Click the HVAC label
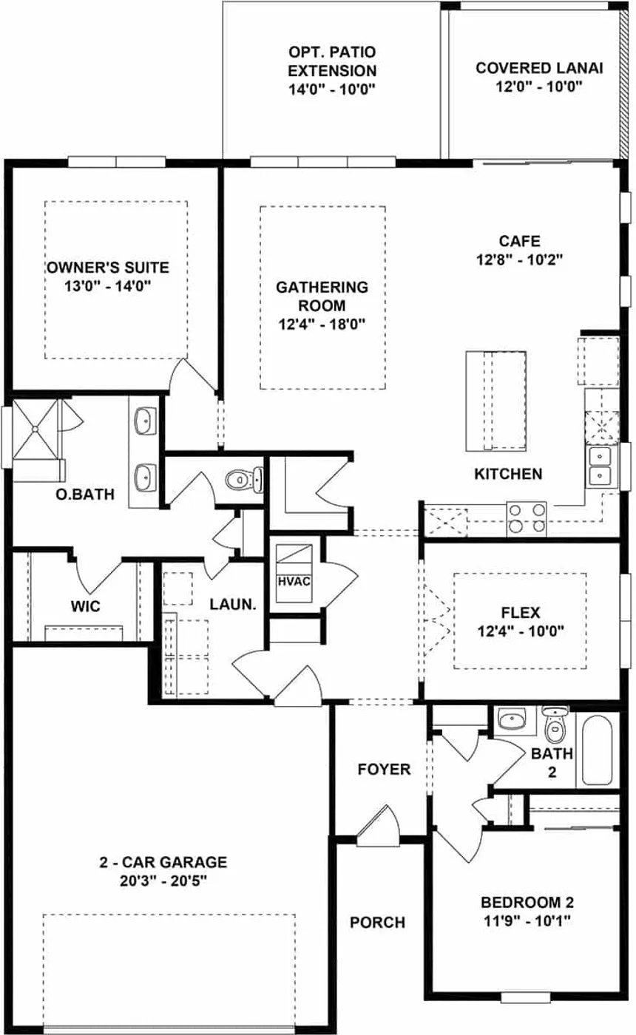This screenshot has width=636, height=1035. pos(294,581)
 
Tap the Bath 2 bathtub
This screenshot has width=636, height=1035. pos(598,750)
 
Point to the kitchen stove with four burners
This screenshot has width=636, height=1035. pos(527,518)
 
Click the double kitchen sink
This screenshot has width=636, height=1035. pos(599,466)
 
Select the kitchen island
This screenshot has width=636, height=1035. pos(495,401)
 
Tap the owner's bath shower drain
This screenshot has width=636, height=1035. pos(35,430)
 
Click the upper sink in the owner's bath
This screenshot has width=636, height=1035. pos(145,421)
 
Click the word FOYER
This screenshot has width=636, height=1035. pos(384,770)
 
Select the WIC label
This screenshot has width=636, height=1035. pos(86,605)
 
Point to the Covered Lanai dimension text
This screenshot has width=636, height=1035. pos(539,86)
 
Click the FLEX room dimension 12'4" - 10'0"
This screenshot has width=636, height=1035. pos(521,631)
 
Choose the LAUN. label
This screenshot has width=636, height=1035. pos(233,604)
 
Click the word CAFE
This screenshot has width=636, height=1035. pos(519,241)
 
